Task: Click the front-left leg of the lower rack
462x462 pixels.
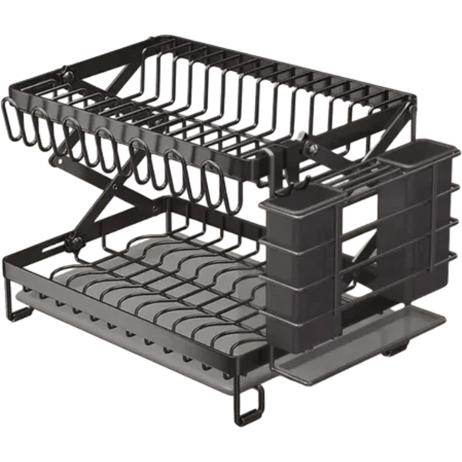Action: point(9,304)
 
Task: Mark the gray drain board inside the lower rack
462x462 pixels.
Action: point(154,269)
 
